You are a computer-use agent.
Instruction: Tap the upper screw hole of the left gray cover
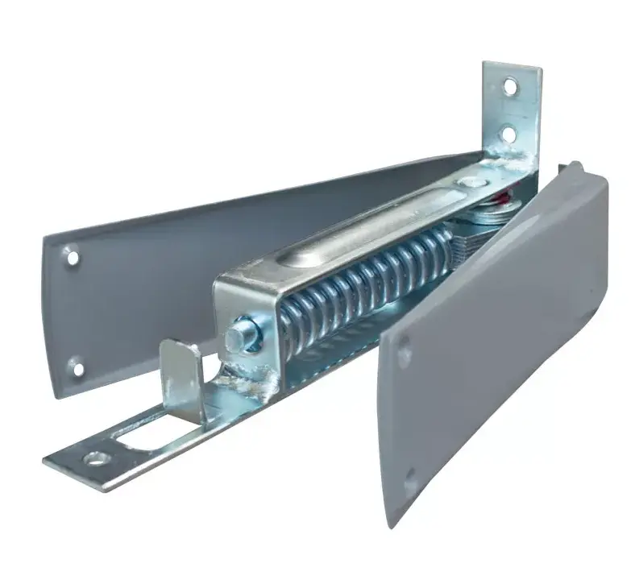pos(73,259)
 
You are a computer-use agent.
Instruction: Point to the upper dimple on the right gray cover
pos(403,347)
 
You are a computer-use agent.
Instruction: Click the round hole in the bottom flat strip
pos(97,459)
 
